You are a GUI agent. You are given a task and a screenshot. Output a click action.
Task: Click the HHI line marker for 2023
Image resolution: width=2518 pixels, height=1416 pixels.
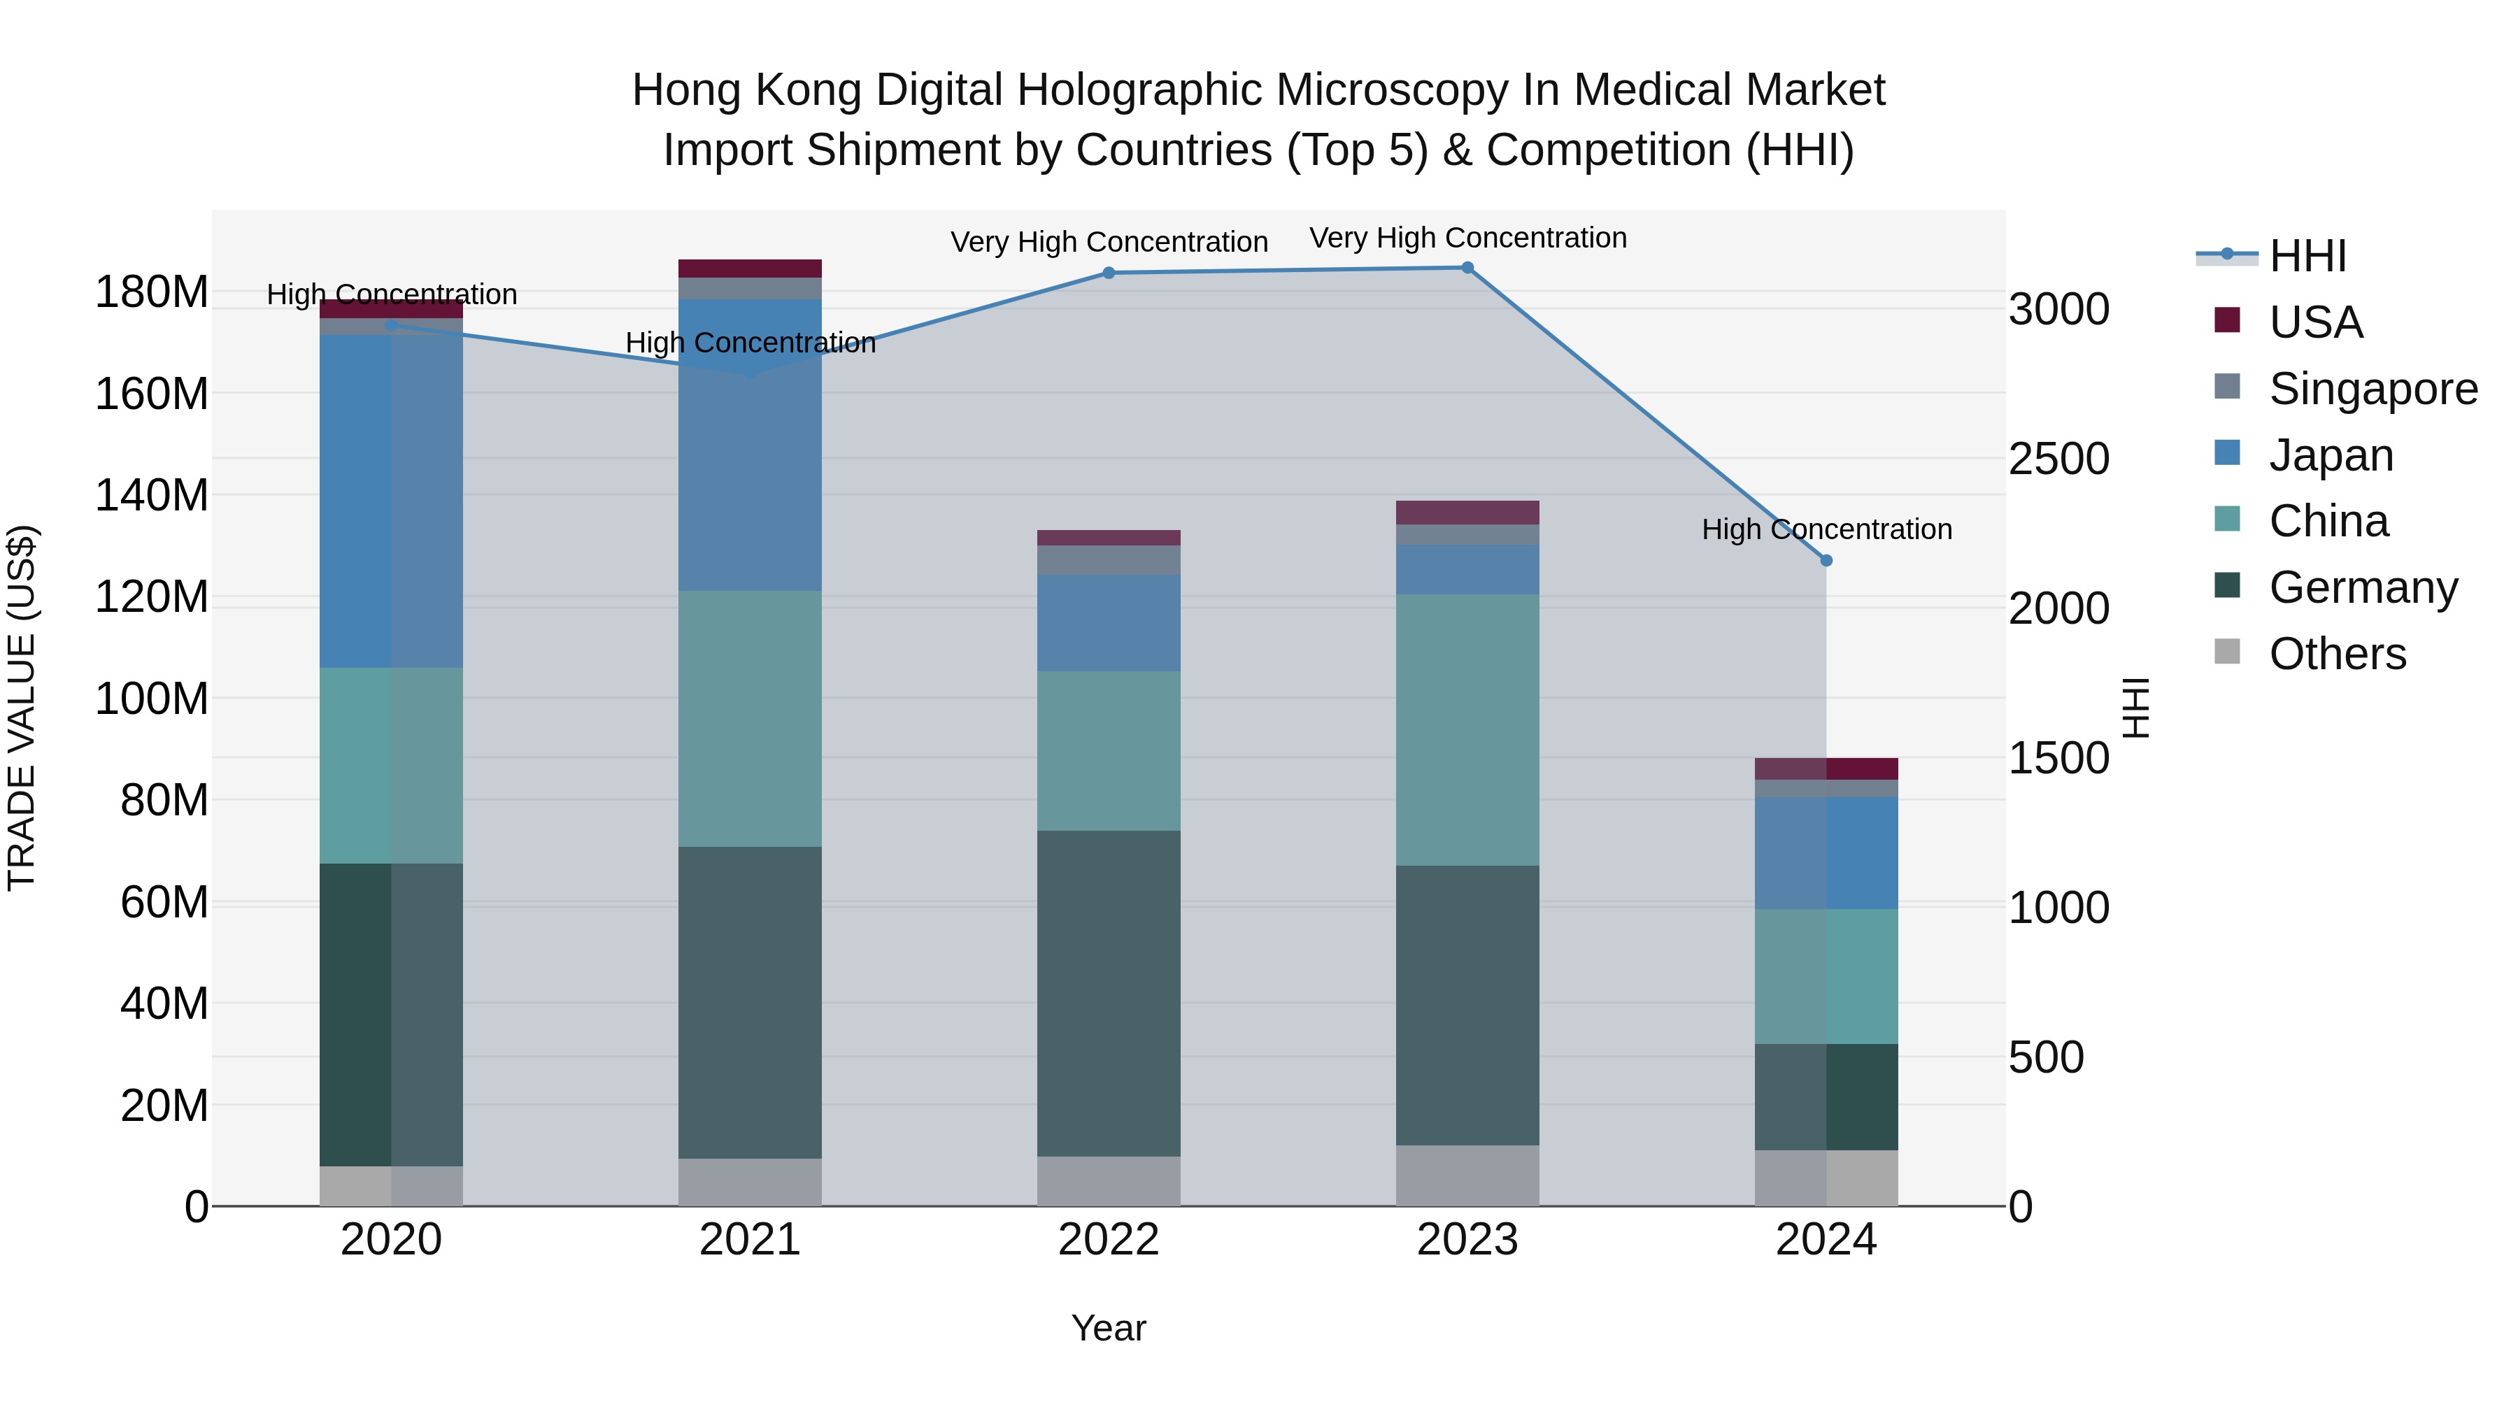coord(1467,268)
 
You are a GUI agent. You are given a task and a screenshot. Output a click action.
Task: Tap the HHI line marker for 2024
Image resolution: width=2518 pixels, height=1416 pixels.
coord(1826,561)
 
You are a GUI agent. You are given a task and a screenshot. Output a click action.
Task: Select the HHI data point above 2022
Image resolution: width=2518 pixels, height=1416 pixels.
coord(1109,273)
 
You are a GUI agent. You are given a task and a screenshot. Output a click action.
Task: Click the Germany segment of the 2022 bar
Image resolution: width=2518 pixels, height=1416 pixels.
coord(1109,993)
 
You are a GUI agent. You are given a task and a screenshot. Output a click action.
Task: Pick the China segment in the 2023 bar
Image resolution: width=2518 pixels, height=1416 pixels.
coord(1467,729)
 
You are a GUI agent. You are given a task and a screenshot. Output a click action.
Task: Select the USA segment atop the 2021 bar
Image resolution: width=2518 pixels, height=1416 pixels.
coord(750,269)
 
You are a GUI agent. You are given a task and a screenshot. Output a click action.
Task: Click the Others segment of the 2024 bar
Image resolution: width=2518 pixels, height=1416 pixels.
coord(1826,1178)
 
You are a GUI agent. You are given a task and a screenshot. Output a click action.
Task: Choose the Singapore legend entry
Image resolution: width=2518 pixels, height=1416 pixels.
coord(2373,389)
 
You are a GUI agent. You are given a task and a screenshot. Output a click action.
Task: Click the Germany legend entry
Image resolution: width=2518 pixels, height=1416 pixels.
coord(2363,587)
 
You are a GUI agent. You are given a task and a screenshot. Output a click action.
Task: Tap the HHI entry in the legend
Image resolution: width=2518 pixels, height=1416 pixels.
coord(2307,256)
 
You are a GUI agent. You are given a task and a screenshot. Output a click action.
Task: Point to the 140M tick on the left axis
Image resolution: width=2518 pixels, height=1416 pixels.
coord(152,496)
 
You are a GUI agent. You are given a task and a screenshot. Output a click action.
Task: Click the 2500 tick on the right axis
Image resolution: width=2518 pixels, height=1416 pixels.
coord(2058,459)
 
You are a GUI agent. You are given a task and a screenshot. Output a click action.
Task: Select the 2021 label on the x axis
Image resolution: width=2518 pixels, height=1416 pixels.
coord(750,1240)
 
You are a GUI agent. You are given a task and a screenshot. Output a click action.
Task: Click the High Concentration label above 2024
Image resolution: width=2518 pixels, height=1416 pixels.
coord(1826,529)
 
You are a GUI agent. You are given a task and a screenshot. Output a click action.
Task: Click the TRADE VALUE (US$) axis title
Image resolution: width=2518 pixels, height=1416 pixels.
coord(22,708)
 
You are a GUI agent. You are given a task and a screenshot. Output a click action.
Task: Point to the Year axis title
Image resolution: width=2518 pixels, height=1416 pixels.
coord(1109,1328)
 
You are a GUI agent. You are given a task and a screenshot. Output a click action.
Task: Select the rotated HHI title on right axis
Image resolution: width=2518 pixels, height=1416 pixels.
coord(2138,708)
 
